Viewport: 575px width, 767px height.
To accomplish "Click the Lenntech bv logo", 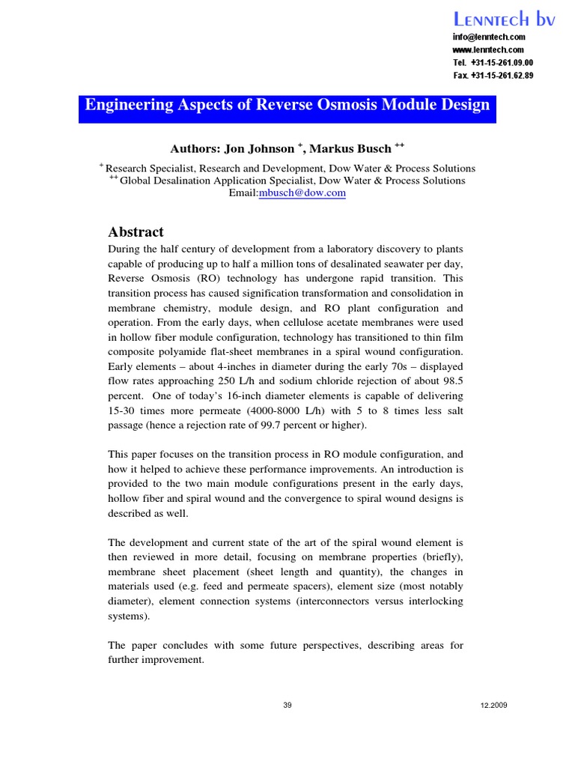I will pos(503,20).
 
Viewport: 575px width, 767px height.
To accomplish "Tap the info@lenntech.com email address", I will pos(489,37).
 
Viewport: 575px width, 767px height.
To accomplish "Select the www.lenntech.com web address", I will pos(488,49).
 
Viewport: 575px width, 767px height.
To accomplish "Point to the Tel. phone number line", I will pos(493,62).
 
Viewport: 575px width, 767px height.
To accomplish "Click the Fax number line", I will pos(493,75).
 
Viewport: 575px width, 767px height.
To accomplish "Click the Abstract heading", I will pos(136,232).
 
